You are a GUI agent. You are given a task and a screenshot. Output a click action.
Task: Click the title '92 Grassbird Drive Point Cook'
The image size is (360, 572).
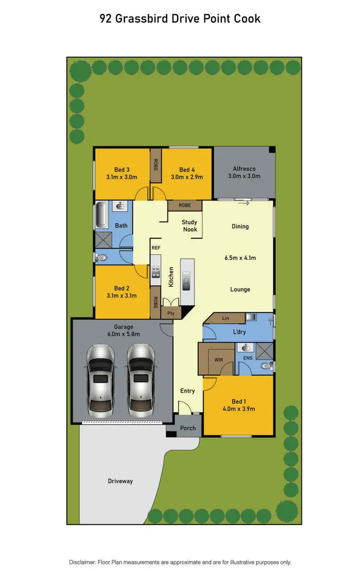(180, 19)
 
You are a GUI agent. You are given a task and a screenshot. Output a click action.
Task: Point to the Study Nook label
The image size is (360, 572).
(190, 226)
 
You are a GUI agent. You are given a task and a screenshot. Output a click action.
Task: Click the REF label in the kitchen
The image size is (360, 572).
(156, 248)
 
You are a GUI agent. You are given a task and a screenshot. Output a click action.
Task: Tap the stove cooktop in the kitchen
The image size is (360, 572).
(156, 273)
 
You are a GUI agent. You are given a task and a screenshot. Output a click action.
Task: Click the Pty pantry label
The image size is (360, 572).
(170, 313)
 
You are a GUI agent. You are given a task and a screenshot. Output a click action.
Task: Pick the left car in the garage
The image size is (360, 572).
(100, 379)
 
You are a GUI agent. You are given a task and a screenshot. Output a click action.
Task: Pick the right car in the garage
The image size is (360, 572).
(141, 379)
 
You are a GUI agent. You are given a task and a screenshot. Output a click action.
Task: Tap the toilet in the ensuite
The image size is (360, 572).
(266, 366)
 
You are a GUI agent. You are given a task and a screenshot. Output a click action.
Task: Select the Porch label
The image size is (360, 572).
(188, 428)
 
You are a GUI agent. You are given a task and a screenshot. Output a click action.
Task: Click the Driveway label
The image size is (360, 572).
(120, 481)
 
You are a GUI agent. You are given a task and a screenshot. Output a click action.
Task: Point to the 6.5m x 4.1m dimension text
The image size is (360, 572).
(240, 258)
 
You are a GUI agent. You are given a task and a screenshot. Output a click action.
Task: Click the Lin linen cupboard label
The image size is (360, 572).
(226, 318)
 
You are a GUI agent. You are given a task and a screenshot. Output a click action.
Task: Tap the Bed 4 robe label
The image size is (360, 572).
(185, 205)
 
